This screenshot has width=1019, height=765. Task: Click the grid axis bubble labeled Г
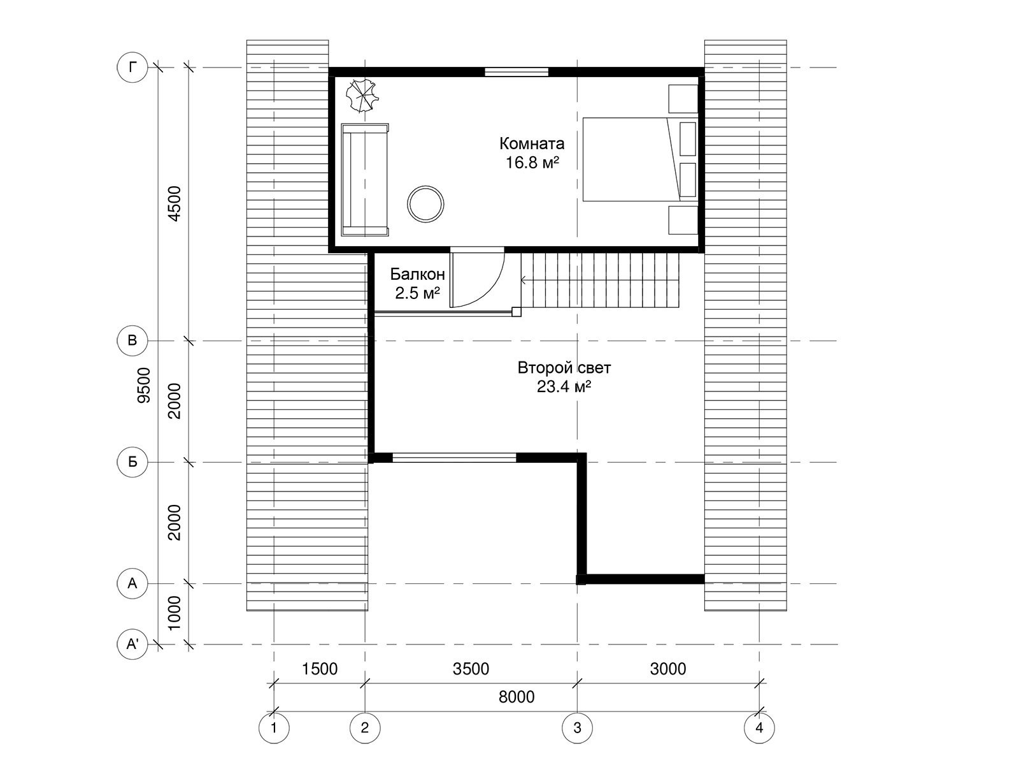(132, 68)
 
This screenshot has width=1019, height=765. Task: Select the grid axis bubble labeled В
(132, 340)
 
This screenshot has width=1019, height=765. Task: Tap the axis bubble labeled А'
(132, 645)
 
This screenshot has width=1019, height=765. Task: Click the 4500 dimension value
(175, 203)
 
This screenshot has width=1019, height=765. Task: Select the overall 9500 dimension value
(145, 385)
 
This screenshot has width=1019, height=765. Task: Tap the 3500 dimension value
(471, 669)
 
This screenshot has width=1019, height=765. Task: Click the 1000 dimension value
(175, 613)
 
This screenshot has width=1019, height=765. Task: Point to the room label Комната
(532, 143)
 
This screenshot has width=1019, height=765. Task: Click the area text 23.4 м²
(564, 386)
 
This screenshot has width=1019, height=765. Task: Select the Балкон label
(417, 274)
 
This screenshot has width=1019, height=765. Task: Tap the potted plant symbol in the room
(362, 95)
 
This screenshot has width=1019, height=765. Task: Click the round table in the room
(425, 204)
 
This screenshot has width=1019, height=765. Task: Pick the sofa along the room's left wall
(365, 180)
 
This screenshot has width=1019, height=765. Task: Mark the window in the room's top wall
(517, 72)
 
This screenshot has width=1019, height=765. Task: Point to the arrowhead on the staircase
(524, 280)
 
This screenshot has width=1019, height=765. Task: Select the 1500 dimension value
(320, 669)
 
